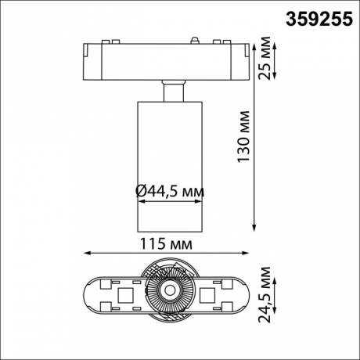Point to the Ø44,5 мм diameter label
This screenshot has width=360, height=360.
click(x=170, y=190)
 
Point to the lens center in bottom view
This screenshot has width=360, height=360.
click(x=167, y=294)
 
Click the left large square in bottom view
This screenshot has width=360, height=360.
click(x=126, y=295)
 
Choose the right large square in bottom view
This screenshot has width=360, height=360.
click(x=209, y=295)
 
